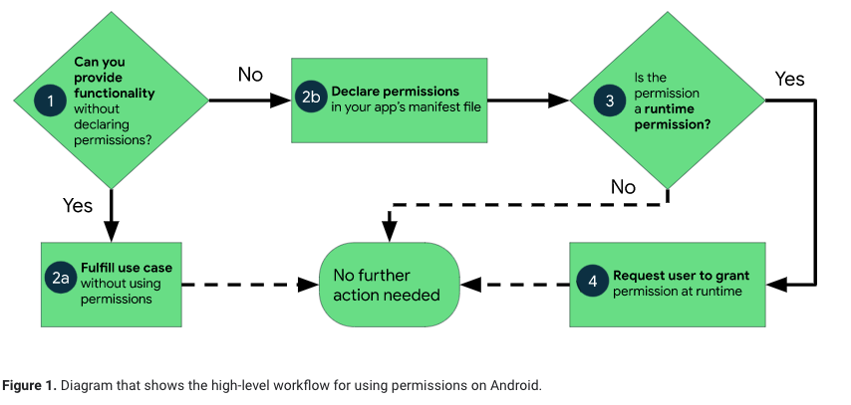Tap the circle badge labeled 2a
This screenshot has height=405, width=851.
[x=61, y=283]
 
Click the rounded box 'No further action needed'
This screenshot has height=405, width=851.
[x=389, y=285]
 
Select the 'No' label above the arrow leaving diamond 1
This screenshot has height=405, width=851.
[x=250, y=75]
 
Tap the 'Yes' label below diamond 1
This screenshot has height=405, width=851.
[x=78, y=206]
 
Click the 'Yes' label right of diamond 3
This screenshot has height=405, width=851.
[x=789, y=79]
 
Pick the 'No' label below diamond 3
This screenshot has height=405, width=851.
[x=623, y=187]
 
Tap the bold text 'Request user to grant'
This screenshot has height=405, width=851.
[x=680, y=276]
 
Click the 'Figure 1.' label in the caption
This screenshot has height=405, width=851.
[x=29, y=384]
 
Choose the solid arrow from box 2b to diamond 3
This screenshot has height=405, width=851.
[x=528, y=101]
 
